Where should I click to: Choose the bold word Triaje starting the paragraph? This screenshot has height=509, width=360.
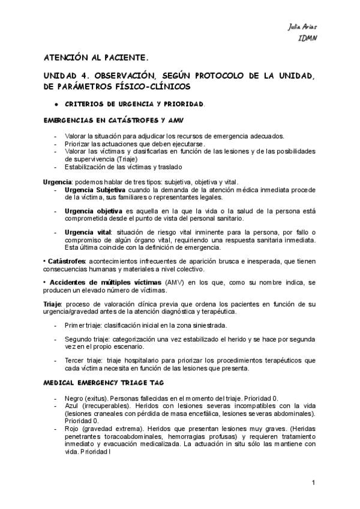[53, 304]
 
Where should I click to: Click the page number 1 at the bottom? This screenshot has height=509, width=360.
[314, 483]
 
